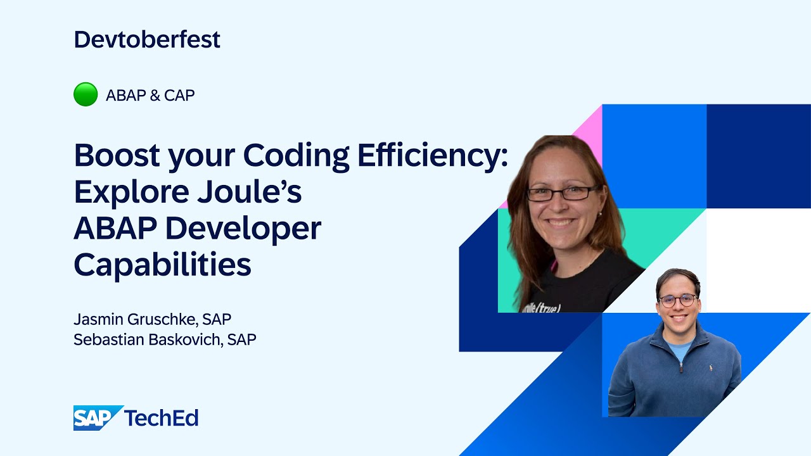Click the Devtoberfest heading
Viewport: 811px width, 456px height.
147,40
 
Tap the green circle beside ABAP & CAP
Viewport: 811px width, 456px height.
86,95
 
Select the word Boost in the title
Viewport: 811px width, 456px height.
117,155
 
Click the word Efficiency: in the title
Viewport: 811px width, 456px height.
433,155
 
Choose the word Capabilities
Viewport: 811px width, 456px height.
163,265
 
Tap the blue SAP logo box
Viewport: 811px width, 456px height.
98,418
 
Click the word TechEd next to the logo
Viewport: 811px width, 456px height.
162,418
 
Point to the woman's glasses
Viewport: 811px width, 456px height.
562,193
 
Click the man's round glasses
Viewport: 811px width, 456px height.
677,300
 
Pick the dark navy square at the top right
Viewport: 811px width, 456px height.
758,156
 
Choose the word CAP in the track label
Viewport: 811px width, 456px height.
179,96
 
